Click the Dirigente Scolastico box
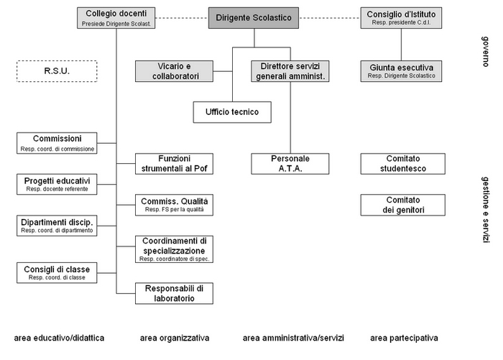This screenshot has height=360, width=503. [254, 18]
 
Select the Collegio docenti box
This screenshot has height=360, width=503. [116, 18]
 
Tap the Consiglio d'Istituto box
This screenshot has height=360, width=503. [401, 18]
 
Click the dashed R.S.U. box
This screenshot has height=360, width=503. [57, 71]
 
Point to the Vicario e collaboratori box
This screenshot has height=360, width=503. [174, 71]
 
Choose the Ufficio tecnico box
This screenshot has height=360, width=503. [232, 112]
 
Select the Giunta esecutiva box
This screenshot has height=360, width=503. [401, 71]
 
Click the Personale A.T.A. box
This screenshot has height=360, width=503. [290, 164]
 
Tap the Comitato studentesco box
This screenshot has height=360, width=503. [403, 164]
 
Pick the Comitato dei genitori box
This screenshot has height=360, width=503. [403, 205]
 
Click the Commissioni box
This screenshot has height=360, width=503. [57, 143]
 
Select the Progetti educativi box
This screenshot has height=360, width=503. [57, 184]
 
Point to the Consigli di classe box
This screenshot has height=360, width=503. [57, 273]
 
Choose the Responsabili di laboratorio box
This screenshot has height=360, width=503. [174, 293]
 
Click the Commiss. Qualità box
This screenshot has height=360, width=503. [174, 205]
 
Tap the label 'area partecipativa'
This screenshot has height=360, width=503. [404, 338]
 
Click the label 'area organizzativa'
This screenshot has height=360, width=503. [175, 338]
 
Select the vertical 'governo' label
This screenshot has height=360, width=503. [486, 52]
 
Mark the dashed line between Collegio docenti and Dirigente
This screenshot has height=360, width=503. [182, 18]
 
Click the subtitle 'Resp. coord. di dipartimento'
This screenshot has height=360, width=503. [57, 231]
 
